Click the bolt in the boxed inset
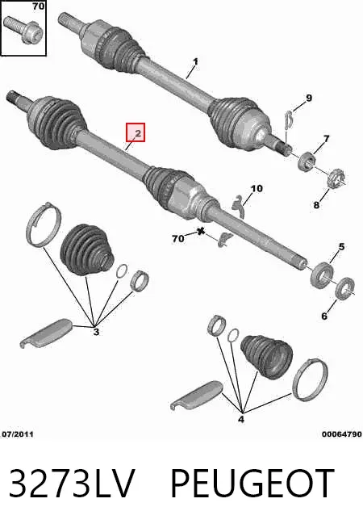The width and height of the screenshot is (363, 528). [x=23, y=30]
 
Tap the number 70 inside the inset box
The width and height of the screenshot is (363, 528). [x=39, y=6]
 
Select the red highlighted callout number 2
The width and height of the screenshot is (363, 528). [x=136, y=132]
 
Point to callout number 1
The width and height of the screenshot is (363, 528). [x=196, y=61]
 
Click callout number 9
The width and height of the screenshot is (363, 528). [x=309, y=98]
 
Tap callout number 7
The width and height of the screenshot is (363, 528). [x=326, y=138]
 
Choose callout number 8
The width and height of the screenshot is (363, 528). [x=316, y=204]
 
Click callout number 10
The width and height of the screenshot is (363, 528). [x=257, y=188]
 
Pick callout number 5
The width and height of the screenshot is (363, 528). [x=341, y=247]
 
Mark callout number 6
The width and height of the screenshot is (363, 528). [x=324, y=316]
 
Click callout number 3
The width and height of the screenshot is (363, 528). [x=96, y=332]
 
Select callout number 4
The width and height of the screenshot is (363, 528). [x=241, y=419]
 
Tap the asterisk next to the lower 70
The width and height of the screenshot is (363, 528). [x=201, y=232]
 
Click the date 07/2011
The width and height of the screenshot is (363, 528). [x=18, y=434]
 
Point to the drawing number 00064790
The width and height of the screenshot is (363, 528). [x=341, y=434]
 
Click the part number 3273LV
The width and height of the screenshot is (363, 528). [x=72, y=483]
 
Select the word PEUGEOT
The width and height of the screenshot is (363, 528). [x=252, y=483]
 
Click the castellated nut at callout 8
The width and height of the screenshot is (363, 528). [x=336, y=179]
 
